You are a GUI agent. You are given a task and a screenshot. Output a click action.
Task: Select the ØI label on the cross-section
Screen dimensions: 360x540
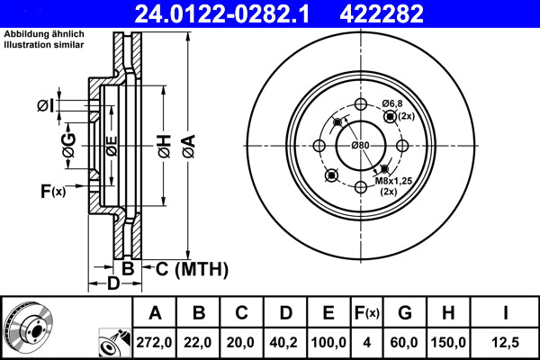pos(46,107)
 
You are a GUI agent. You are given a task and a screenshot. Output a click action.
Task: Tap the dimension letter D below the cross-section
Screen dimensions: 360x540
pos(112,285)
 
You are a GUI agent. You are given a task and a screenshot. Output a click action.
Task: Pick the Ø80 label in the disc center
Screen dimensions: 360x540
pos(361,146)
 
